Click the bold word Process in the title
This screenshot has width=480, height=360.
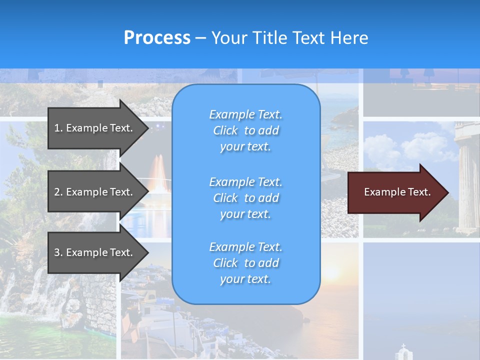157,38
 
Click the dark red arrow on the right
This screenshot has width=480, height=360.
395,192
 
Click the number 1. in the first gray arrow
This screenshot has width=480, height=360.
58,128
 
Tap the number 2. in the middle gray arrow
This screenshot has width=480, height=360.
58,192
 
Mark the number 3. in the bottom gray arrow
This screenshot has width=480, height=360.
58,252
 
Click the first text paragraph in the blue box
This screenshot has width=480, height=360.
245,130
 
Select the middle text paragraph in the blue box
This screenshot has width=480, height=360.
245,198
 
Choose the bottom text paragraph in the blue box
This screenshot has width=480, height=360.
245,263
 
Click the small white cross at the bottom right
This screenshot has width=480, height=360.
403,346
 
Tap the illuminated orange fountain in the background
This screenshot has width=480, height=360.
159,170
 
